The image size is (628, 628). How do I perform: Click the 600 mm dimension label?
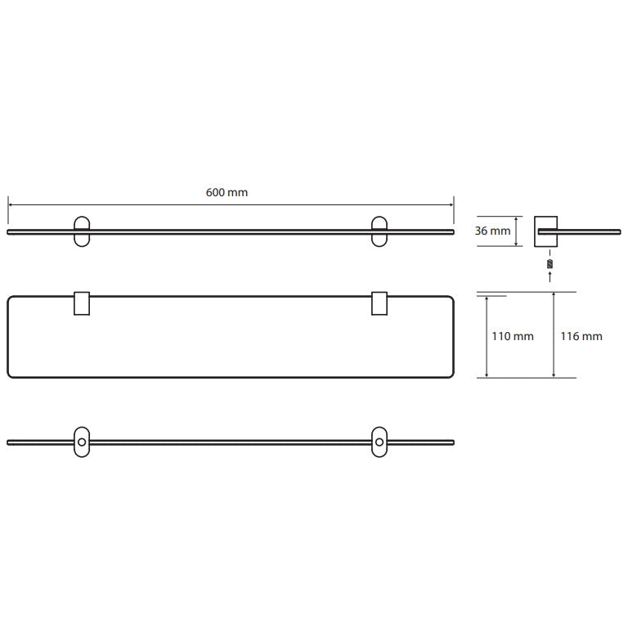227,193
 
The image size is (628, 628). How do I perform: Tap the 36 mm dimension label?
492,231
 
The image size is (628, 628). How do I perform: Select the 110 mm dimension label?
513,336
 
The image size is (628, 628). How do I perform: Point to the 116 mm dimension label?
581,336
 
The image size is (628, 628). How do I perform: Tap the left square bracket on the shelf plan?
82,303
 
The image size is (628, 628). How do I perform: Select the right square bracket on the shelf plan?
379,303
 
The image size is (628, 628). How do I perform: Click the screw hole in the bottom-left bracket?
82,442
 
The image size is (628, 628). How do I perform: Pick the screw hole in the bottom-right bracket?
379,442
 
